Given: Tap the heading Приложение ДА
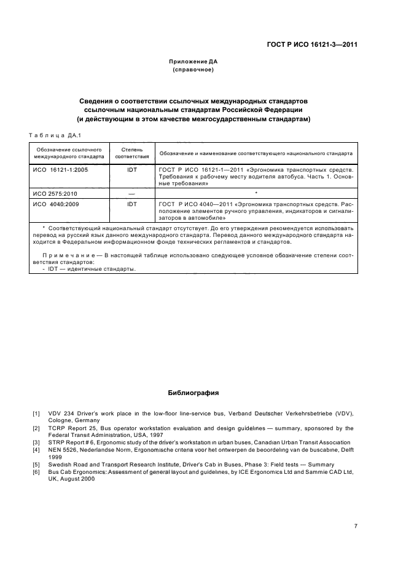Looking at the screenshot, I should tap(193, 62).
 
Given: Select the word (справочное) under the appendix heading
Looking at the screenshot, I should tap(193, 70).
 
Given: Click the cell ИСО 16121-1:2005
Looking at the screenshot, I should tap(61, 169).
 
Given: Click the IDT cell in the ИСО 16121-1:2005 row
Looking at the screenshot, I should tap(131, 169).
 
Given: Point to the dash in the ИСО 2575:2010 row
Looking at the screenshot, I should tap(131, 193).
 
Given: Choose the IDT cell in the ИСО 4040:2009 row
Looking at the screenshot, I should tap(131, 202).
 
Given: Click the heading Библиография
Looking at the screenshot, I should tap(193, 392).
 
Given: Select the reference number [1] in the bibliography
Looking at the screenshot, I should tap(36, 412).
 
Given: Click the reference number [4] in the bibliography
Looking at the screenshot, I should tap(36, 450).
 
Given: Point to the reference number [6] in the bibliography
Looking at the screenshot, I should tap(36, 471).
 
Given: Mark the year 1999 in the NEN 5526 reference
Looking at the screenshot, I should tap(55, 457).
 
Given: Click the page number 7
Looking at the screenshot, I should tap(356, 526).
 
